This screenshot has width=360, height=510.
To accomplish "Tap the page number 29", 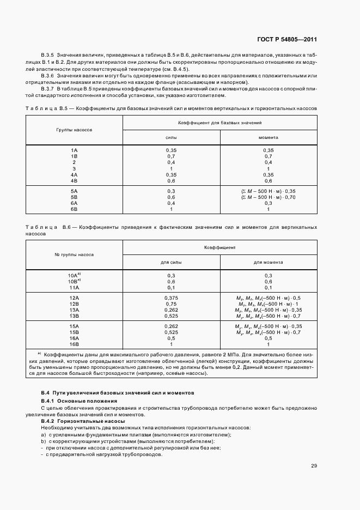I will click(x=314, y=466).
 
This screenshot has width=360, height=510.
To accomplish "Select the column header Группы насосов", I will click(x=74, y=131).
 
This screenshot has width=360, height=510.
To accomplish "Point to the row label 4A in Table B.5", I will click(x=74, y=174).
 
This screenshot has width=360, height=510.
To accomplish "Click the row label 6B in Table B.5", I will click(x=74, y=209).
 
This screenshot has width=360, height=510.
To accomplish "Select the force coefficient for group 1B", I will click(x=171, y=156).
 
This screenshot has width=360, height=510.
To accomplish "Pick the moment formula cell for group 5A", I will click(x=268, y=191).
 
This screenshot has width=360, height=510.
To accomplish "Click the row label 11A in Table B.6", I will click(x=74, y=287).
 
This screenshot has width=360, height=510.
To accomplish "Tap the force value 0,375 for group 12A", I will click(x=171, y=298).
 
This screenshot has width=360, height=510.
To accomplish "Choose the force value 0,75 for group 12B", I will click(x=171, y=304).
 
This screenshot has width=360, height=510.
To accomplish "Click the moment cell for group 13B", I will click(x=268, y=315).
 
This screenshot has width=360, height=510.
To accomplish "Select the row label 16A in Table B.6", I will click(x=74, y=338).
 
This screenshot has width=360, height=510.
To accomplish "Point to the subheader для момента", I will click(x=268, y=262).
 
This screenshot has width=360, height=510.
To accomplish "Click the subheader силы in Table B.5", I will click(x=171, y=138).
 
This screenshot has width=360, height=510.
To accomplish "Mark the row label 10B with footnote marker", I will click(x=75, y=281).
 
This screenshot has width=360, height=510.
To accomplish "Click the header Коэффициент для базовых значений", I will click(x=220, y=124).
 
